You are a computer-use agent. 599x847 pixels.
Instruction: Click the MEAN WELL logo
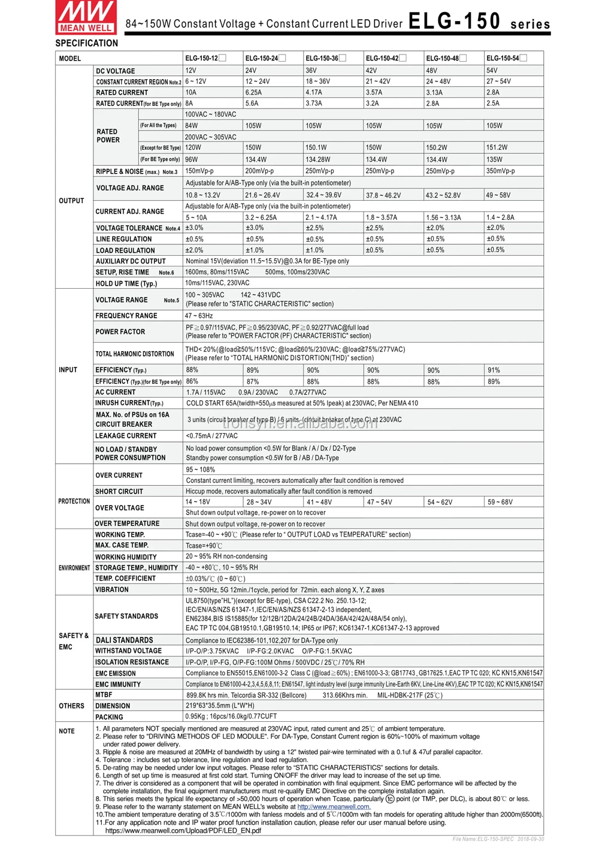(x=86, y=17)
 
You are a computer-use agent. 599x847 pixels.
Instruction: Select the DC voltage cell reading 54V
(x=492, y=71)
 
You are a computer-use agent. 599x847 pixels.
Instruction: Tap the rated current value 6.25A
(x=254, y=93)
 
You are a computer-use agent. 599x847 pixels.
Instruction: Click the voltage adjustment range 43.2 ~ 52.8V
(x=443, y=195)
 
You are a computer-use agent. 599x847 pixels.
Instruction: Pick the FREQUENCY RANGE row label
(x=126, y=316)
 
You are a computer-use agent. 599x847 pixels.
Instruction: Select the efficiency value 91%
(x=494, y=371)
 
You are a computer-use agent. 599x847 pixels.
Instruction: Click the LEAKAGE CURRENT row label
(x=126, y=436)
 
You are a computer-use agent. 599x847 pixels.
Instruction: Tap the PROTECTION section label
(x=74, y=501)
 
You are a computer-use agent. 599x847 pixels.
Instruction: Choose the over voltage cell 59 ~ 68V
(x=500, y=503)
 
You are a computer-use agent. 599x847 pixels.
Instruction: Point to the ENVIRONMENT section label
(x=74, y=568)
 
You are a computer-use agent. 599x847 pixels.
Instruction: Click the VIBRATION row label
(x=112, y=590)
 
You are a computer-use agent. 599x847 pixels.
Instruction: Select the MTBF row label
(x=104, y=695)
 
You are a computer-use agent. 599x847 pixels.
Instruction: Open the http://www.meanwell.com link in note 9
(x=334, y=807)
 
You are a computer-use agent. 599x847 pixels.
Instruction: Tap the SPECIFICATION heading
(x=87, y=43)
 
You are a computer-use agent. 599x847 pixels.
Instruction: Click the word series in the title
(x=530, y=25)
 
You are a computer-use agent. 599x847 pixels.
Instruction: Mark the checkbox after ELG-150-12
(x=222, y=58)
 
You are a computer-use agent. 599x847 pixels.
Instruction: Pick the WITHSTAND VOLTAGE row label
(x=128, y=651)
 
